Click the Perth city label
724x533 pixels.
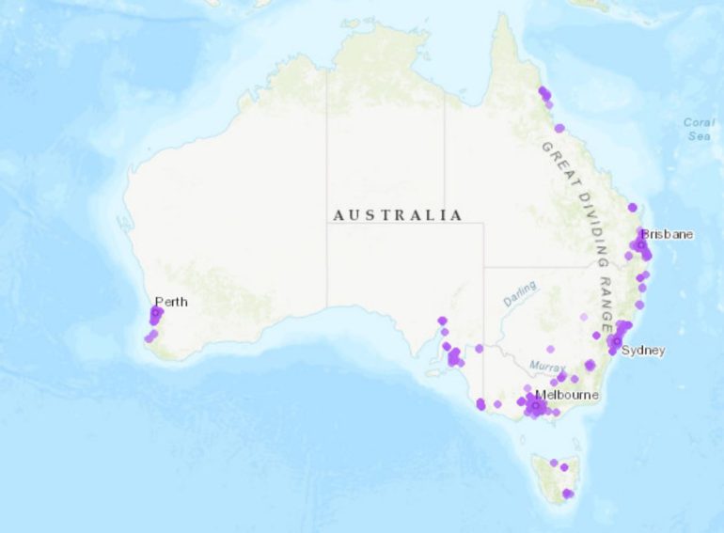[x=170, y=302]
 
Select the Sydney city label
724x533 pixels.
[x=643, y=351]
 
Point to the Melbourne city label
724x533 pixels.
[x=566, y=395]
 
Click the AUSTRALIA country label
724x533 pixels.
[x=398, y=215]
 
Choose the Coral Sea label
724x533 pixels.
[x=698, y=129]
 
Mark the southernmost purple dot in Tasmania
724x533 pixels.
[x=567, y=494]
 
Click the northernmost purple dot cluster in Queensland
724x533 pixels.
[x=544, y=93]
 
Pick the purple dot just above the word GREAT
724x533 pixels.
[x=559, y=128]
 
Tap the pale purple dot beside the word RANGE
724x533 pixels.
[x=584, y=317]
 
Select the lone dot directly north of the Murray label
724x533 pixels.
[x=550, y=349]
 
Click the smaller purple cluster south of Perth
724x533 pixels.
[x=150, y=336]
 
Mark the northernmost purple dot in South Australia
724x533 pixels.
[x=442, y=321]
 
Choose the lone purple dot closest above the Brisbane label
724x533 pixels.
[x=633, y=207]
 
